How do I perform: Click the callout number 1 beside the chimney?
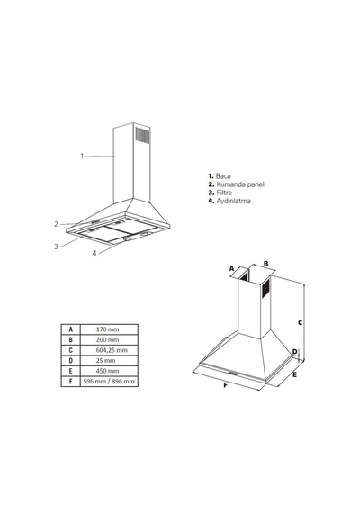coord(82,156)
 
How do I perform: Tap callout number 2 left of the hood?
coord(57,224)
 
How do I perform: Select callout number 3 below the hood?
coord(56,247)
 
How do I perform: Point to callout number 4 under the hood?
coord(94,253)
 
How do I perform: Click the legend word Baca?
coord(223,176)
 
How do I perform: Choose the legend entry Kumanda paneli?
coord(241,184)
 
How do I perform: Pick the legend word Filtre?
coord(224,193)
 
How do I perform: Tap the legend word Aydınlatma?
coord(233,201)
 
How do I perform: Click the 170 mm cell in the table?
coord(107,329)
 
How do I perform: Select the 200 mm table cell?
coord(107,339)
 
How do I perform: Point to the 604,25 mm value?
coord(112,350)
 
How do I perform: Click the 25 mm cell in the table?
coord(105,361)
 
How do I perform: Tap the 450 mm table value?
coord(107,371)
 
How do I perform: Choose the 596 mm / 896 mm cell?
coord(109,382)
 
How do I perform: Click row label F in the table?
coord(70,382)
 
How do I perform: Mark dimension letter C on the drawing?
coord(300,322)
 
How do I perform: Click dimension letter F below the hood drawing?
coord(225,385)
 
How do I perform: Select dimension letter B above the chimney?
coord(266,264)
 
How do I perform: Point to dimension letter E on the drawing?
coord(294,374)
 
